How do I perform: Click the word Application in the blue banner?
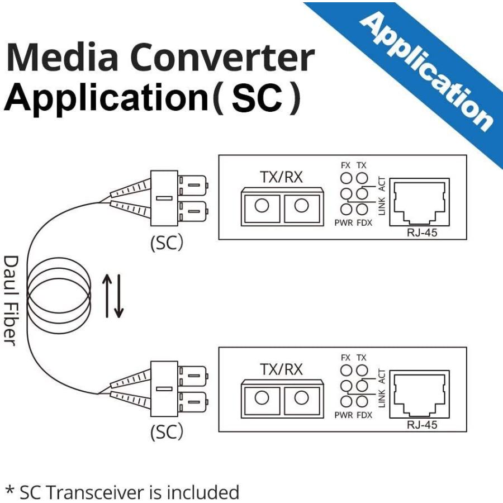426,72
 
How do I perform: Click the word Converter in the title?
222,58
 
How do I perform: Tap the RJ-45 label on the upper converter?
422,232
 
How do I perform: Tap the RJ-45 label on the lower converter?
422,425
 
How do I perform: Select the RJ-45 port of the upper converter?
419,202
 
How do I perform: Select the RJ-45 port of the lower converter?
419,394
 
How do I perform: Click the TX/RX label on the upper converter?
281,177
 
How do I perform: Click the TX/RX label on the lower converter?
281,369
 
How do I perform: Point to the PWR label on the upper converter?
344,222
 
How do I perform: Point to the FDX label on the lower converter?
364,415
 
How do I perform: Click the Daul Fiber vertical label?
11,301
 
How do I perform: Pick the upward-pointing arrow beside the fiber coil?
107,296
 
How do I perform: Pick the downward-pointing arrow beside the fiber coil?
118,296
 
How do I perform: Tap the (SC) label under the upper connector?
167,243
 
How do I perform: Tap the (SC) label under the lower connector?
167,431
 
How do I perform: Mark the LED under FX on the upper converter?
346,178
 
